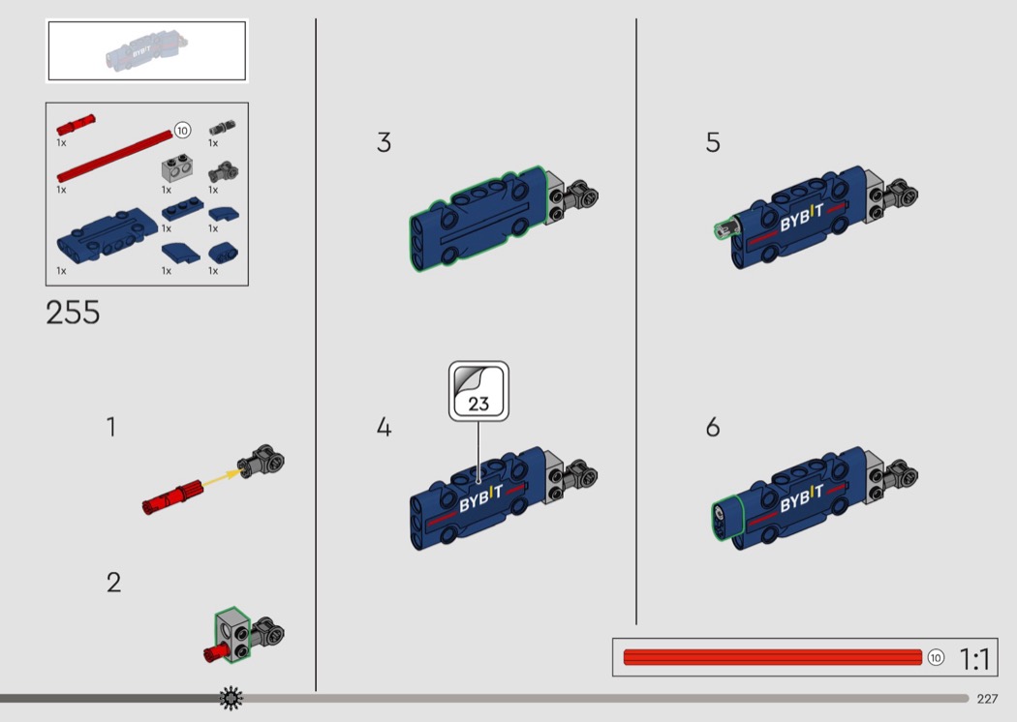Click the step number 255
(x=73, y=313)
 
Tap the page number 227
(x=987, y=699)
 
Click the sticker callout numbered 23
(x=478, y=392)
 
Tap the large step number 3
(x=385, y=143)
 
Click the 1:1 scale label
(x=974, y=659)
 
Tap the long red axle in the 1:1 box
(x=772, y=658)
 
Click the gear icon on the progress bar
(x=231, y=698)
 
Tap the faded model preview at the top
(x=146, y=50)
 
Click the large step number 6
(x=713, y=428)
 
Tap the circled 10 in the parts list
(x=182, y=130)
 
